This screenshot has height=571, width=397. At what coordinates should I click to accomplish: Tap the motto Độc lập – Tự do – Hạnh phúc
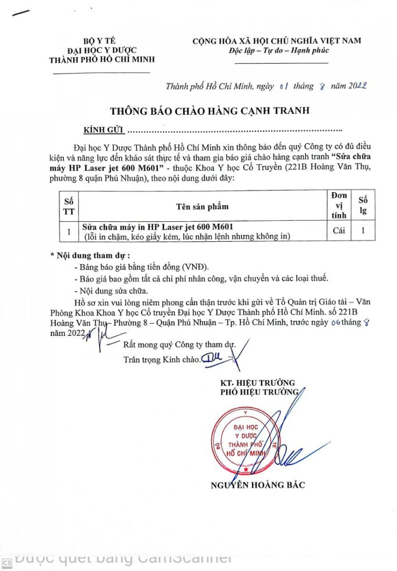285,50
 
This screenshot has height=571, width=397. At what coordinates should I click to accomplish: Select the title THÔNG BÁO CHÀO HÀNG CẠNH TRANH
210,111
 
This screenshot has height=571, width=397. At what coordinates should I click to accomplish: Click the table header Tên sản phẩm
202,206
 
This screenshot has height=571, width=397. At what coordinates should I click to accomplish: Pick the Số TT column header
68,206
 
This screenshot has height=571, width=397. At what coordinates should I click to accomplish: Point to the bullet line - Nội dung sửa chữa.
111,290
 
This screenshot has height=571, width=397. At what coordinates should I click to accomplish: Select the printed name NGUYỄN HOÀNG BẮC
258,485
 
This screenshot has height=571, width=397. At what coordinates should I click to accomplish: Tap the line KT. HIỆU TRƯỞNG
257,383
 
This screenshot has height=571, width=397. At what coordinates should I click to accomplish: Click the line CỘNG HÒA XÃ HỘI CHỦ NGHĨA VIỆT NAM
277,41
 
